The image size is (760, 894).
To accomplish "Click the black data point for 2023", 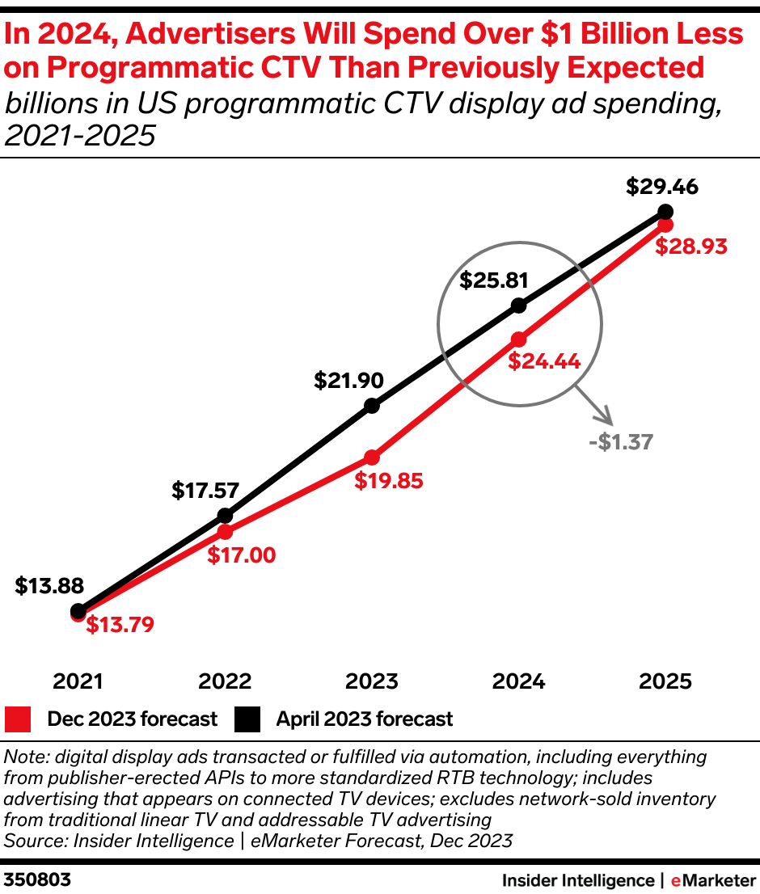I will pyautogui.click(x=372, y=406).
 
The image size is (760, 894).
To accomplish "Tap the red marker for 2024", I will pyautogui.click(x=519, y=339).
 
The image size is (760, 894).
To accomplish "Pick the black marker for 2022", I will pyautogui.click(x=226, y=516).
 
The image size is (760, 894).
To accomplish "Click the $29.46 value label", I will pyautogui.click(x=662, y=188).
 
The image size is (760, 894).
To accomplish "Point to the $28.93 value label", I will pyautogui.click(x=691, y=247).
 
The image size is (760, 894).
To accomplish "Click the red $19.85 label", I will pyautogui.click(x=389, y=481).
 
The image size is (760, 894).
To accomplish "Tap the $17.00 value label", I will pyautogui.click(x=241, y=555).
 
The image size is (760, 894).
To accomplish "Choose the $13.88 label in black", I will pyautogui.click(x=49, y=586).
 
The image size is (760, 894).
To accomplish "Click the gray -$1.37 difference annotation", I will pyautogui.click(x=622, y=441).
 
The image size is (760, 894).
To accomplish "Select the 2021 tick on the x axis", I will pyautogui.click(x=78, y=681).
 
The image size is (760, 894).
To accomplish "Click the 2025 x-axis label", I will pyautogui.click(x=665, y=681).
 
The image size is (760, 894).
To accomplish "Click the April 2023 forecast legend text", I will pyautogui.click(x=365, y=719).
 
